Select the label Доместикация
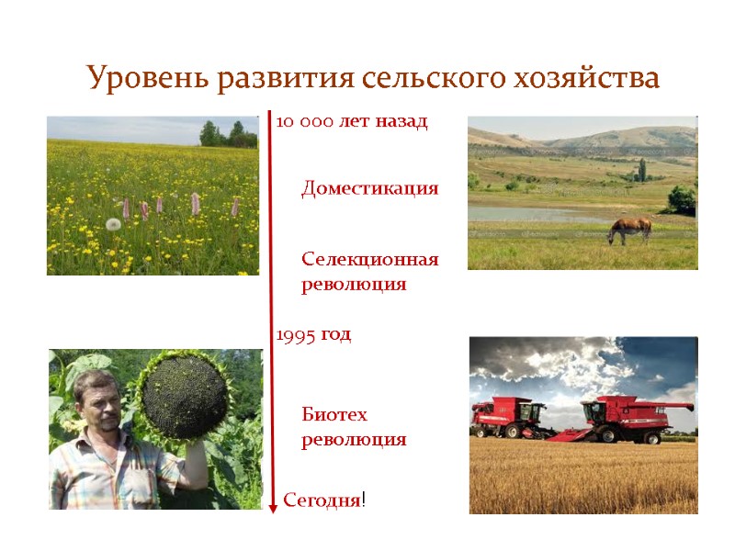pyautogui.click(x=370, y=189)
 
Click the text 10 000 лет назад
pyautogui.click(x=352, y=122)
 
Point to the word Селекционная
pyautogui.click(x=370, y=260)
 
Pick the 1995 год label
pyautogui.click(x=314, y=335)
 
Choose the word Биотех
pyautogui.click(x=334, y=414)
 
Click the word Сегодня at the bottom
pyautogui.click(x=322, y=500)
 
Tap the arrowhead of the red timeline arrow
pyautogui.click(x=273, y=507)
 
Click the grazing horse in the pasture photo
pyautogui.click(x=630, y=228)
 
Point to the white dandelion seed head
pyautogui.click(x=113, y=224)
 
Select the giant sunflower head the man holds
pyautogui.click(x=184, y=397)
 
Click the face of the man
pyautogui.click(x=97, y=404)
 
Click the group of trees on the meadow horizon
pyautogui.click(x=228, y=135)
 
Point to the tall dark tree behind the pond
pyautogui.click(x=641, y=169)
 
